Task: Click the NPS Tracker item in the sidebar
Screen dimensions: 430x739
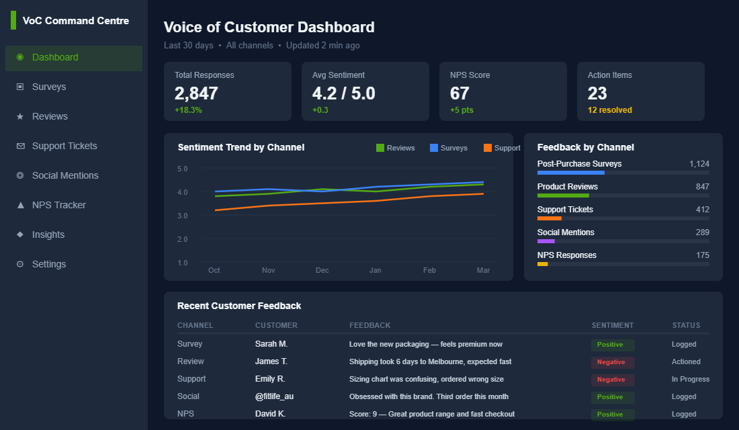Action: pos(59,205)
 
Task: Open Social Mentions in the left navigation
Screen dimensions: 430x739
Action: pos(65,175)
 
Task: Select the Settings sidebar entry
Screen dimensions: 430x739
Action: pos(49,264)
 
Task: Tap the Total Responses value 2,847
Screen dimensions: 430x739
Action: pos(196,93)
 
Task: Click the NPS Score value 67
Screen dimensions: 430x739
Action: pos(460,93)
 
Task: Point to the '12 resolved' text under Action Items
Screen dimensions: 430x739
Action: pos(609,110)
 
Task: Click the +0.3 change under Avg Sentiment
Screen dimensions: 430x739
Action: pos(320,110)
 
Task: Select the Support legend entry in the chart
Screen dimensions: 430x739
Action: pos(501,148)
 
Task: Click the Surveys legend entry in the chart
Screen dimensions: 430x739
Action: pos(448,148)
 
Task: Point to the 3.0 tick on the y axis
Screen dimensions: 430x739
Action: pos(183,216)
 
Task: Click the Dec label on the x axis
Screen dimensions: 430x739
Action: pos(322,270)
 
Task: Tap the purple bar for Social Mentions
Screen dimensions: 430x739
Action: pos(546,241)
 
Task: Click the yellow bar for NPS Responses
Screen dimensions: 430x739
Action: pos(543,264)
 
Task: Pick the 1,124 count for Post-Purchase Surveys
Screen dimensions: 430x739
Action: pos(699,164)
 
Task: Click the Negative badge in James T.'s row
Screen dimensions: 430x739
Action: pos(612,362)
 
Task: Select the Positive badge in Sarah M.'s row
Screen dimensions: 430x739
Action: pos(612,345)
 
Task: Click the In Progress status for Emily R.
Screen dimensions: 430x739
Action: pos(690,379)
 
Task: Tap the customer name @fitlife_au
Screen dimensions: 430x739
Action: pos(274,396)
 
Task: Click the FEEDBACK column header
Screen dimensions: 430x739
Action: pos(369,325)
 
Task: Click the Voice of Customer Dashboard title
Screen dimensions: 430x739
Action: pos(269,28)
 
